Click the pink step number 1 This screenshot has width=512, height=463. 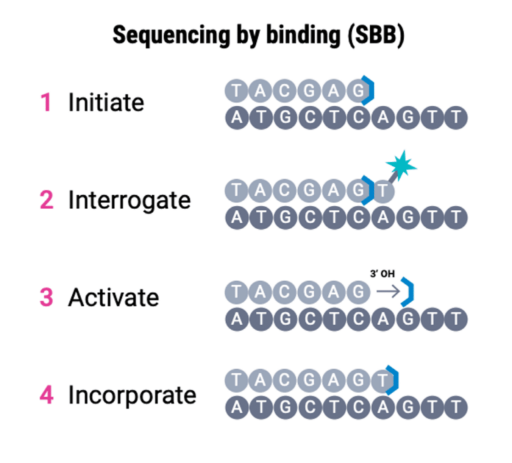point(46,103)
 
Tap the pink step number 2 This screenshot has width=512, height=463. point(46,201)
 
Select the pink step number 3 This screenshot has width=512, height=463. point(46,298)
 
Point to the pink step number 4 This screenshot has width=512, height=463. point(46,395)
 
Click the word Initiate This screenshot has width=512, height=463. point(106,103)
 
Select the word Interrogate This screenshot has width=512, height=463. point(129,201)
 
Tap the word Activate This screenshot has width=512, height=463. point(113,298)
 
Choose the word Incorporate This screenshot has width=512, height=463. point(132,395)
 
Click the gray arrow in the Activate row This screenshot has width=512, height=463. point(385,290)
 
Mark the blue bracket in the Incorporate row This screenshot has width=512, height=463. point(393,380)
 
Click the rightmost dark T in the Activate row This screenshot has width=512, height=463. point(455,319)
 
